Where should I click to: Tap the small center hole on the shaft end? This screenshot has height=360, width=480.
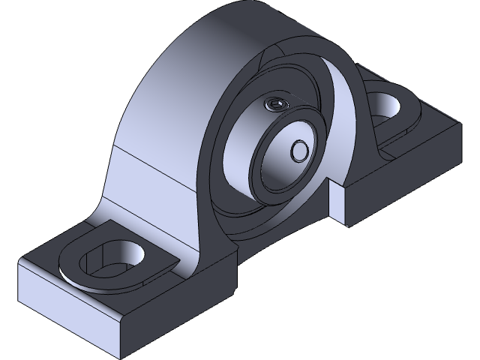299,150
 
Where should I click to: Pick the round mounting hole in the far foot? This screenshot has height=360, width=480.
387,103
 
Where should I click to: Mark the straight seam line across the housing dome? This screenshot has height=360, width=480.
157,167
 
